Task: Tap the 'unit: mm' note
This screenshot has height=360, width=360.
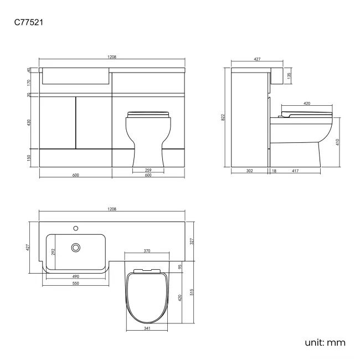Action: [325, 342]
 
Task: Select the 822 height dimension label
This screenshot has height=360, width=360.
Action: [223, 117]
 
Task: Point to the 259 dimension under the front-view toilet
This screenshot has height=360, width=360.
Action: [148, 170]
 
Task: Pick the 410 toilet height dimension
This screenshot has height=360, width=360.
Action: [337, 142]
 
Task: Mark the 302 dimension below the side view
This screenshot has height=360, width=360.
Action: [249, 171]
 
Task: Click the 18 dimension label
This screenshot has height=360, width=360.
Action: [274, 171]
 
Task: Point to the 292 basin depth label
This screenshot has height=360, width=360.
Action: [53, 252]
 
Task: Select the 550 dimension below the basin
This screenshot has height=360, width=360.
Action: [75, 283]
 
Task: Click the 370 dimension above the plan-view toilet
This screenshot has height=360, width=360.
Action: [147, 251]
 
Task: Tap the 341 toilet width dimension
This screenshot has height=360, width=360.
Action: [147, 328]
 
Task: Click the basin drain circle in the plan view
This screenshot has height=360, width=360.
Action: [75, 248]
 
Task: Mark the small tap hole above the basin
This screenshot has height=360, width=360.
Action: [75, 227]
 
